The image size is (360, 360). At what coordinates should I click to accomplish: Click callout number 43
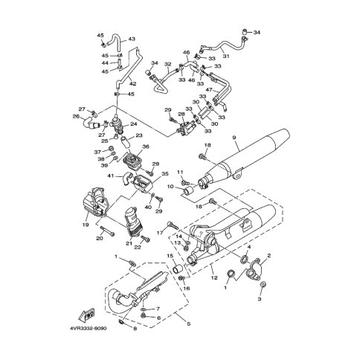pos(132,39)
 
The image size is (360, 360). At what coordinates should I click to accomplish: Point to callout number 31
pos(227,57)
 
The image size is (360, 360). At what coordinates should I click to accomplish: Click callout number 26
pos(75,115)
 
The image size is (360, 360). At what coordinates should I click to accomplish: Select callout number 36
pos(146,147)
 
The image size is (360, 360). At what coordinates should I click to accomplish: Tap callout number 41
pos(109,176)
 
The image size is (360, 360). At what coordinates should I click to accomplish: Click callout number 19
pos(85,223)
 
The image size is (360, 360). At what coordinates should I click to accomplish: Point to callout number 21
pos(129,242)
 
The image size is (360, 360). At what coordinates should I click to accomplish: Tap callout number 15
pos(170,257)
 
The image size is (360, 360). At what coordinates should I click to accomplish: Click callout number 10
pos(170,186)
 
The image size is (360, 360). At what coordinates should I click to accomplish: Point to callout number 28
pos(181,115)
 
